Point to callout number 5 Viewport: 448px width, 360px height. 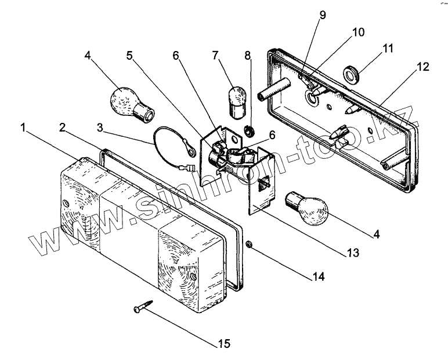coord(129,56)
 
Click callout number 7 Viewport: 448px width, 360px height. coord(216,56)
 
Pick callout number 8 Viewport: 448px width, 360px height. coord(248,56)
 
